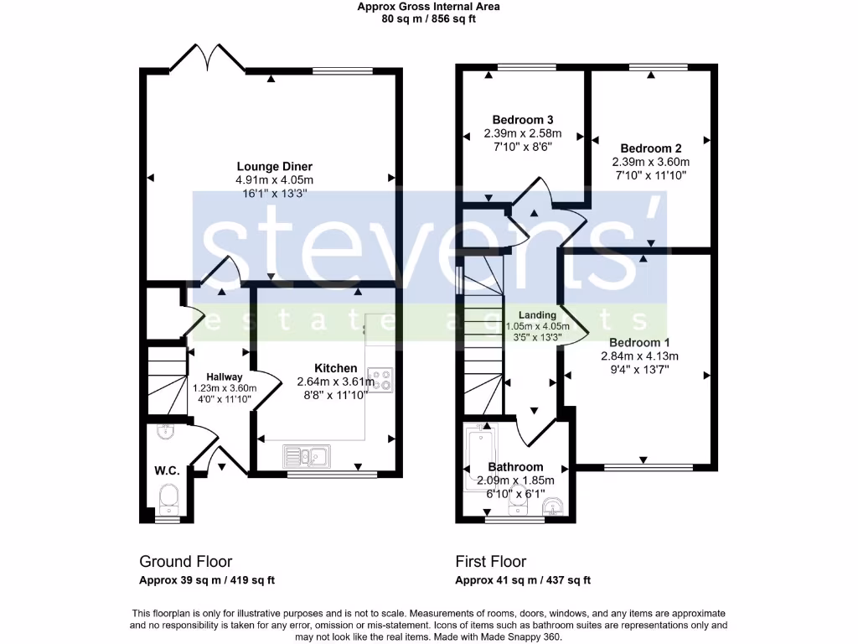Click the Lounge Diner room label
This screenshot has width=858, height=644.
274,166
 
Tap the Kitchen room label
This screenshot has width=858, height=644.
335,368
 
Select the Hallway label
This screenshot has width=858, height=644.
225,377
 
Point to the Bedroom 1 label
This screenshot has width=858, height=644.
639,342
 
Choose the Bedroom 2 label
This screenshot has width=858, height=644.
650,148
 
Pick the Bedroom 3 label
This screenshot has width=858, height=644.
522,119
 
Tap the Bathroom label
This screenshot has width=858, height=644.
515,467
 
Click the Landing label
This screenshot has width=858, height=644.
537,314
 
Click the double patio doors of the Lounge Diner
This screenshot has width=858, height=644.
208,60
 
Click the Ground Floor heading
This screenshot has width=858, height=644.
185,561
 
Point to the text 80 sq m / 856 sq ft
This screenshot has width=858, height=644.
428,19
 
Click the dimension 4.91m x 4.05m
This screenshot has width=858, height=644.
274,179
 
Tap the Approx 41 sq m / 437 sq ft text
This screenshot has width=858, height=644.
523,580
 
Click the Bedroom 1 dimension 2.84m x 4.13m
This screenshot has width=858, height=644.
639,356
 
